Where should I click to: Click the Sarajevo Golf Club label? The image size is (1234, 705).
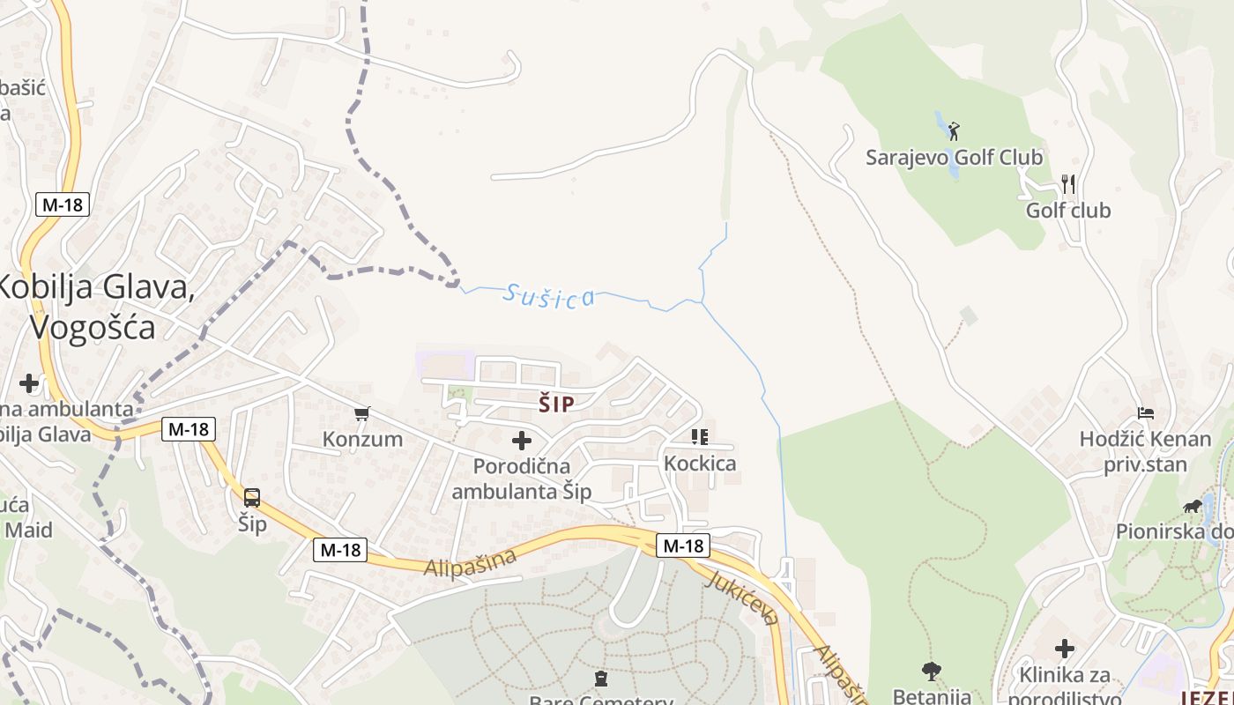954,158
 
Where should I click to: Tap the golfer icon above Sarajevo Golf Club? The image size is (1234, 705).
953,131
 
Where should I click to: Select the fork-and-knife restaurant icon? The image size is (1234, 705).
1068,184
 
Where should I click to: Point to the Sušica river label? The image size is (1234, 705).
548,296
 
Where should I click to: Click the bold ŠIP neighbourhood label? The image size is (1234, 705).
556,404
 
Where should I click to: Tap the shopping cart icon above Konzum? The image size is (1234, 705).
361,412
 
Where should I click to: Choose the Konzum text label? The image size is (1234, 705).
362,439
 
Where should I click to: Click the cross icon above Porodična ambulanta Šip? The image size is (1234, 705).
522,440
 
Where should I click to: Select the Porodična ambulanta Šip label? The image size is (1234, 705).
522,479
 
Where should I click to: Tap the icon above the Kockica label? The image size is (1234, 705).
700,437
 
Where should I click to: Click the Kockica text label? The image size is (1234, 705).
700,464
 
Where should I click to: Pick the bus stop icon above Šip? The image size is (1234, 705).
252,498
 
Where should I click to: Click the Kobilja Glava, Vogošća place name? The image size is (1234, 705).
93,307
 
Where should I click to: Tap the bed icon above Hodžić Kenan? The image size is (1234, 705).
1146,412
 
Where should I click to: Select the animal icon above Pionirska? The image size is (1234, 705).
1193,507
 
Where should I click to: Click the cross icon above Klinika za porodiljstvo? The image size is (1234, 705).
1065,649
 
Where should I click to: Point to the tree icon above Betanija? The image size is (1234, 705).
931,671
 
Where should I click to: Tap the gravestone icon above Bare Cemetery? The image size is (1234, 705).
601,679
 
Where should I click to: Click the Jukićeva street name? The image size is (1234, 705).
743,597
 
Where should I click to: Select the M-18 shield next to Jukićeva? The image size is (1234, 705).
683,545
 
